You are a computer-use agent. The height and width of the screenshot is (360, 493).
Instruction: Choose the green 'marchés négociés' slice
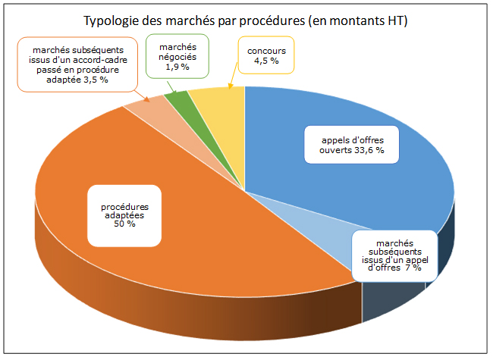click(x=176, y=99)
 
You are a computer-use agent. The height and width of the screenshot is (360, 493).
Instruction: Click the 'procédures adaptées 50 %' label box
click(x=124, y=214)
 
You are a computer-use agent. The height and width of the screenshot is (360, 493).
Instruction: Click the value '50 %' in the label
click(x=124, y=224)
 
